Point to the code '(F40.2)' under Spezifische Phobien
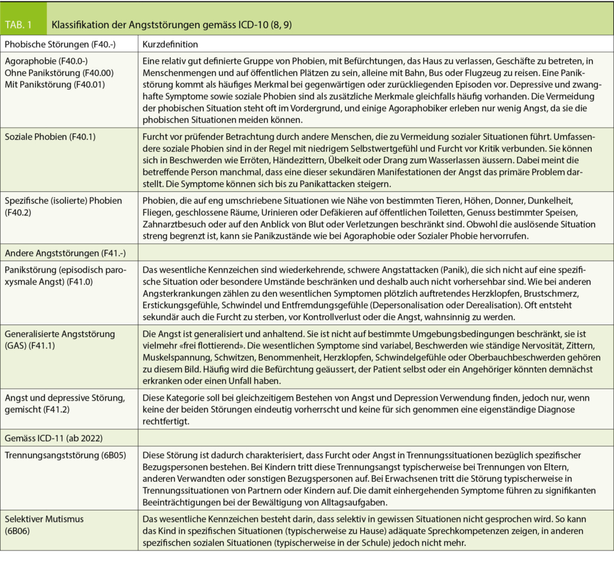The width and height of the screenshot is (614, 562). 20,212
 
